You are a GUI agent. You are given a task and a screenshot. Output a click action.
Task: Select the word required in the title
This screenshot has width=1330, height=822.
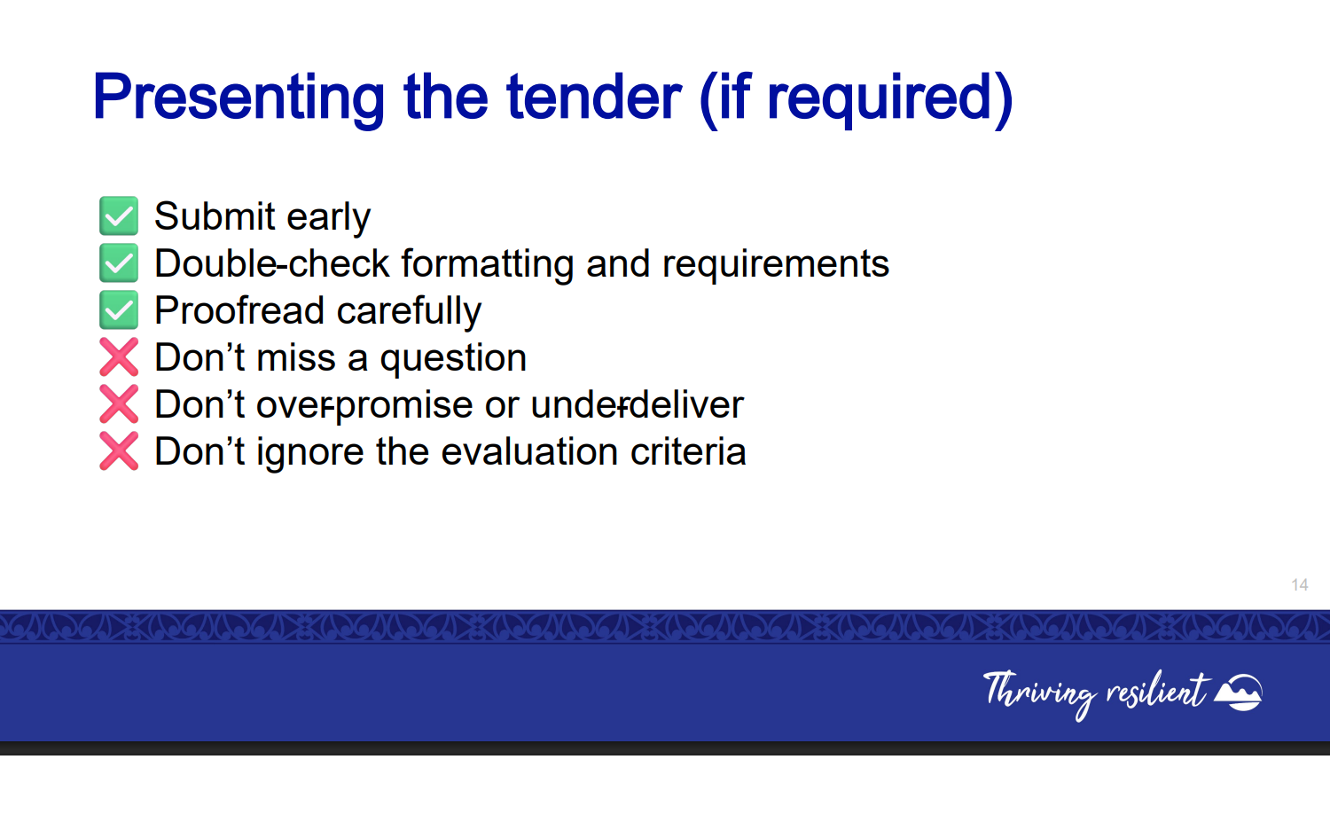879,99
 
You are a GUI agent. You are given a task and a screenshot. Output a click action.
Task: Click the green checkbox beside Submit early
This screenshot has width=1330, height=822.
119,215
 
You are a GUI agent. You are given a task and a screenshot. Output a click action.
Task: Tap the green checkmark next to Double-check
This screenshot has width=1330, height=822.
119,263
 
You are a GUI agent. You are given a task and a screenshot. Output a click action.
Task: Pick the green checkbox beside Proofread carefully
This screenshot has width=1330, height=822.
119,310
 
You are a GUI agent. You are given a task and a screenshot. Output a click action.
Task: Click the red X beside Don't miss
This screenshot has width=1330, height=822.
119,357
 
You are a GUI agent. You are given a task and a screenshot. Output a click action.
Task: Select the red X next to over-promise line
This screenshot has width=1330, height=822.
119,403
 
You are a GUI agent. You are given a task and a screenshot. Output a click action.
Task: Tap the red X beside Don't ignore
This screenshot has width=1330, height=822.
119,451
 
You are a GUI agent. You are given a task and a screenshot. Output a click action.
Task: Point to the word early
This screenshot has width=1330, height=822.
328,217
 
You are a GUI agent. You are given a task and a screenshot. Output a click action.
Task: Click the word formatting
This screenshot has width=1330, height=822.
487,264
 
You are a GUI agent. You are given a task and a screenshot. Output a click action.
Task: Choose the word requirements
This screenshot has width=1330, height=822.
776,265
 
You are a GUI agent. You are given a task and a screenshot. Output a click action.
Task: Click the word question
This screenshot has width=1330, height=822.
453,359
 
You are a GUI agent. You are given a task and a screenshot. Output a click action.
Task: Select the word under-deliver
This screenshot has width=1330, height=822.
638,404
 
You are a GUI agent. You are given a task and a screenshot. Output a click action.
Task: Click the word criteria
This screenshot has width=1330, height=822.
688,451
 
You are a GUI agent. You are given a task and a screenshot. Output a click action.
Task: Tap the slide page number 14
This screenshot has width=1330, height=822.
1299,585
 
